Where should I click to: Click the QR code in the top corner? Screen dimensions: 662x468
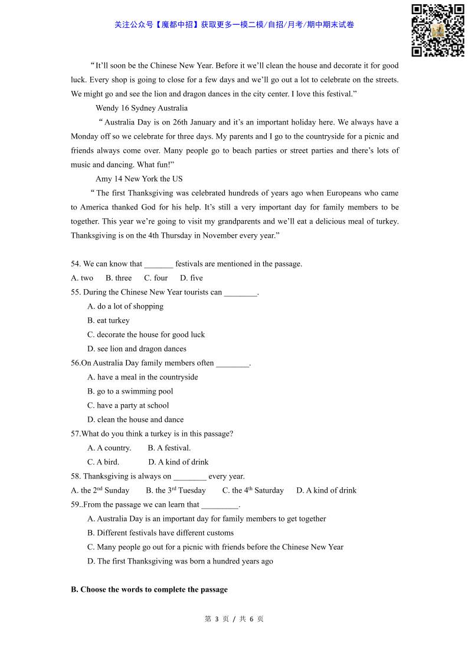(437, 30)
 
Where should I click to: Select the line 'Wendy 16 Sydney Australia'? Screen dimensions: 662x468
(142, 108)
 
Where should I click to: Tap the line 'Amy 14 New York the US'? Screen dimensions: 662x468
(139, 179)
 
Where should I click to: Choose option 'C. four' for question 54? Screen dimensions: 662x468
(156, 278)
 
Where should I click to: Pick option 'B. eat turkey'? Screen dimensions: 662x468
(109, 320)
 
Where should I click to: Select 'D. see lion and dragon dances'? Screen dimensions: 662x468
(137, 349)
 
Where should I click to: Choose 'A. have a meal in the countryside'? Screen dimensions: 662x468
(143, 377)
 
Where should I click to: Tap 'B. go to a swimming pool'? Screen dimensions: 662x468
(130, 391)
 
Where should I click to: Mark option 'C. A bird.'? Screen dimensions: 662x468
(103, 462)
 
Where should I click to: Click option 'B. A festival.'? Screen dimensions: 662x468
(169, 448)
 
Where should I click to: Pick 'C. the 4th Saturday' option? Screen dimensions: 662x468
(253, 490)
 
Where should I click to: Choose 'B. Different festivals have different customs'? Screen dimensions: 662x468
(161, 533)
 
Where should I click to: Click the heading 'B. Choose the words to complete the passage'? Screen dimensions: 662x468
(149, 589)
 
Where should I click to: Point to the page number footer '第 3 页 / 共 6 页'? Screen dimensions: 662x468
(234, 619)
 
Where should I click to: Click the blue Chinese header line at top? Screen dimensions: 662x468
(234, 25)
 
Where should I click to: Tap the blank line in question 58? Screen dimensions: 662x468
(190, 477)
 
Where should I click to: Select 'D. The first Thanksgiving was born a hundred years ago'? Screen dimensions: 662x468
(180, 561)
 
